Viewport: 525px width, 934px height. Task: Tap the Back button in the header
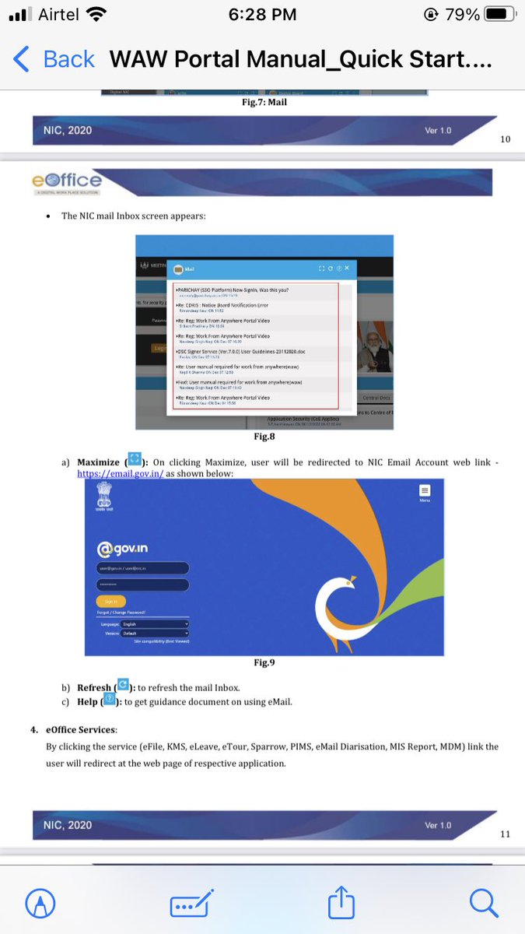tap(53, 59)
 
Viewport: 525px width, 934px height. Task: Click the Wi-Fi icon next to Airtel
tap(96, 14)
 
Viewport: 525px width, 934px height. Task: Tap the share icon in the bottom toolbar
tap(340, 902)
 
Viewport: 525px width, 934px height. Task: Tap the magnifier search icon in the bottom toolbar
tap(483, 902)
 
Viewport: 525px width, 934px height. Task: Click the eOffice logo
tap(66, 181)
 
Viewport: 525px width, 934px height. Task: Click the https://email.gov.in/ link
tap(120, 473)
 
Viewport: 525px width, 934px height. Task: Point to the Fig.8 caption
tap(264, 437)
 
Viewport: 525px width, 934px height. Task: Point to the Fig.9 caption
tap(265, 662)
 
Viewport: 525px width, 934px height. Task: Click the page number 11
tap(505, 834)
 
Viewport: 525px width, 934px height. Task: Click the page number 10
tap(505, 139)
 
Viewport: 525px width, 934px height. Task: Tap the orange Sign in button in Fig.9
tap(110, 601)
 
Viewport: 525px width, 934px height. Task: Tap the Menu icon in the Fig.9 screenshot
tap(424, 492)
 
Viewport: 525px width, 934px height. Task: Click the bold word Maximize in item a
tap(98, 462)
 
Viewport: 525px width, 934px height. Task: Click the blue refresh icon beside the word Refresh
tap(122, 686)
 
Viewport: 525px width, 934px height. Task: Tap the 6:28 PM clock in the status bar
tap(262, 14)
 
